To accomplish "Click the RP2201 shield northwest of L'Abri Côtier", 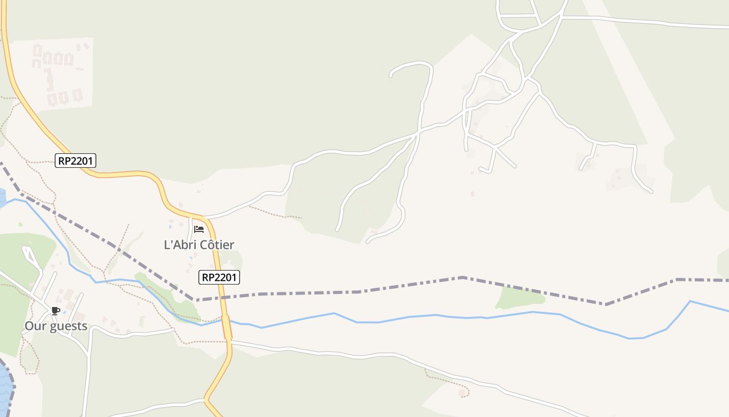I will tap(76, 161).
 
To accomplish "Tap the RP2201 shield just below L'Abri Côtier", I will tap(219, 277).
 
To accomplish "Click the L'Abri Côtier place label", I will tap(199, 244).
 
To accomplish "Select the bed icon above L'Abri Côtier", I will tap(198, 229).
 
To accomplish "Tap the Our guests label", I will tap(56, 326).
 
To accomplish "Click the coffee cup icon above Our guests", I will tap(55, 311).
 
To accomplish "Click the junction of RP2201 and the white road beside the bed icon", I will tap(204, 216).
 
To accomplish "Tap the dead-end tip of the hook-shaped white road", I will tap(391, 76).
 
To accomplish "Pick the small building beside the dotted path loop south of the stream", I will tap(462, 393).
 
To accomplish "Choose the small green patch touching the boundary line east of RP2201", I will tap(521, 297).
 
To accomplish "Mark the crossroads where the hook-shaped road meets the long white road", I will tap(418, 133).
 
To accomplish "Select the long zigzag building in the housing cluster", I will tap(49, 78).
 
